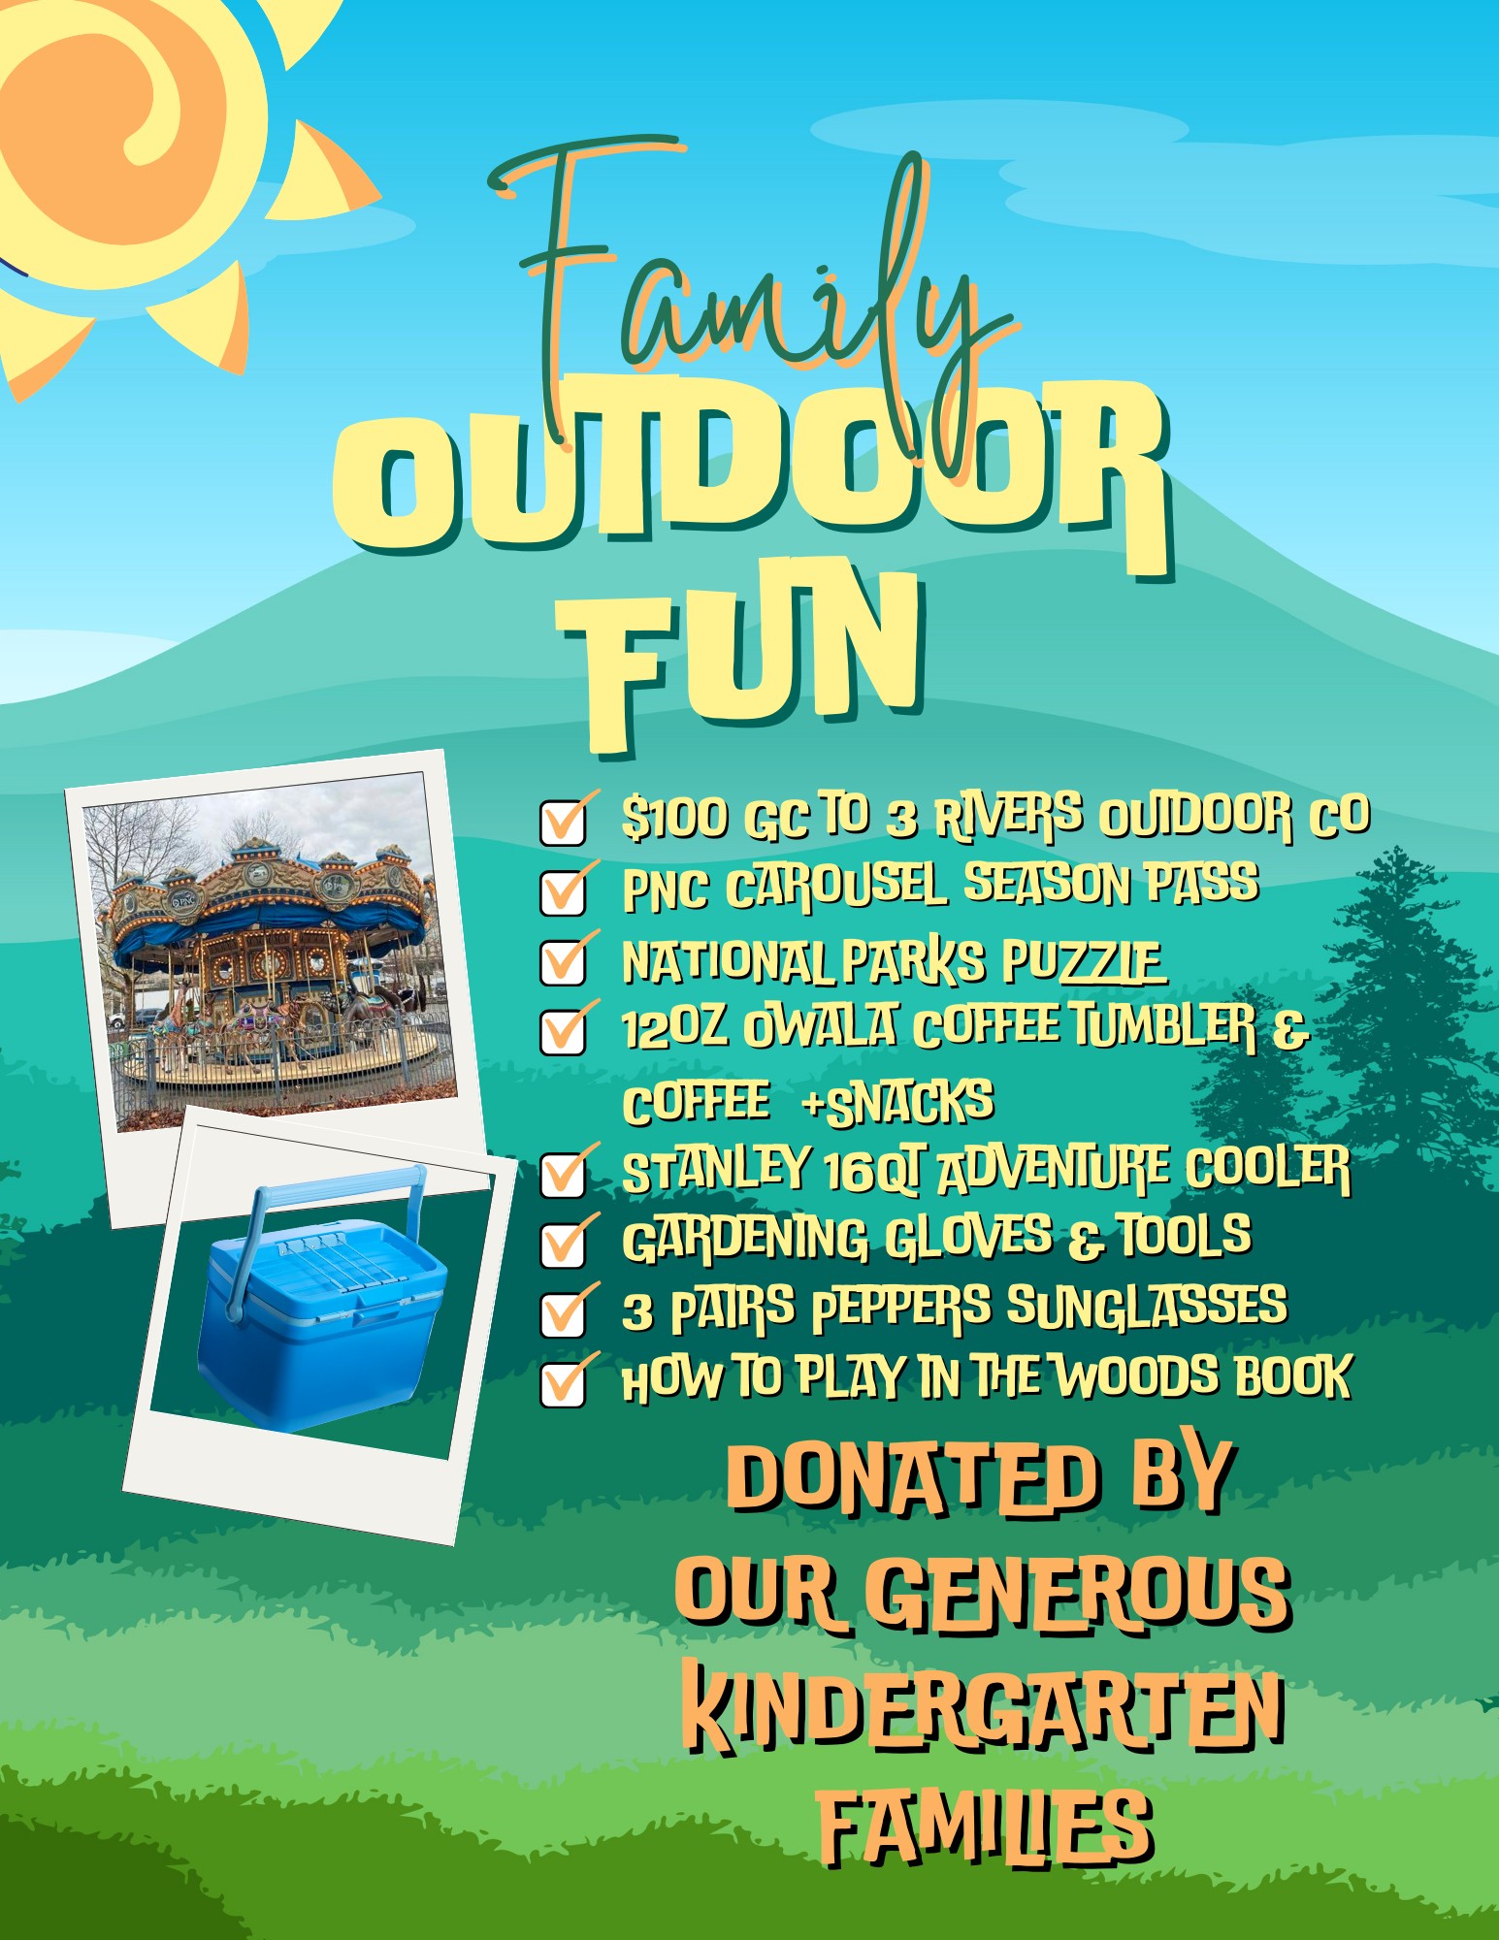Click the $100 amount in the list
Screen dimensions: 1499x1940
tap(674, 818)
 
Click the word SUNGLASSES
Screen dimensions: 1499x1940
tap(1147, 1306)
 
